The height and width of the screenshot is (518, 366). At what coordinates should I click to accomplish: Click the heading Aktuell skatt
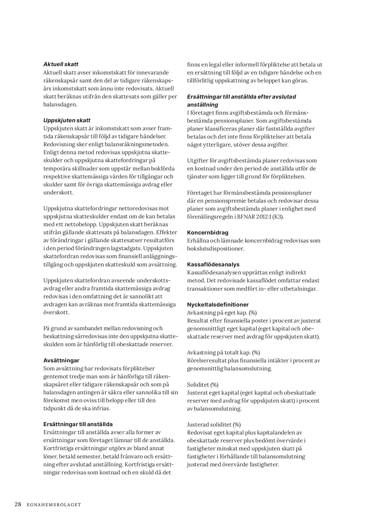[61, 64]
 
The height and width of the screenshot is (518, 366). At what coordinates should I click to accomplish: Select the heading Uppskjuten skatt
[67, 120]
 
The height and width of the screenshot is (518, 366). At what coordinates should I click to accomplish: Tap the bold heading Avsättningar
[61, 360]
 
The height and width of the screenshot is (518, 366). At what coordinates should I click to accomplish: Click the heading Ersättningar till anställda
[78, 424]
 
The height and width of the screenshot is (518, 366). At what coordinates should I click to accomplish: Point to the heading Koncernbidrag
[207, 232]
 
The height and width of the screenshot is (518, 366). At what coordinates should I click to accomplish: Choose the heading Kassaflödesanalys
[213, 264]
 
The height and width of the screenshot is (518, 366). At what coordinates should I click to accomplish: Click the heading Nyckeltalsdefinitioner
[218, 304]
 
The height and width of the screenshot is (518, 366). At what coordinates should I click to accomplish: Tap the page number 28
[18, 504]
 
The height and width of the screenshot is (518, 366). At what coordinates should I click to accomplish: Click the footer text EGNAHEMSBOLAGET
[54, 505]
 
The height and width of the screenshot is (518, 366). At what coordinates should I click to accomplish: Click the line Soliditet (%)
[202, 385]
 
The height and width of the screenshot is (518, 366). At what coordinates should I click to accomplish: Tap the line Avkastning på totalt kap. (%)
[223, 352]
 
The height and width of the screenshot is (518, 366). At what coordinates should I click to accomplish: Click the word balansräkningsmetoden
[137, 144]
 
